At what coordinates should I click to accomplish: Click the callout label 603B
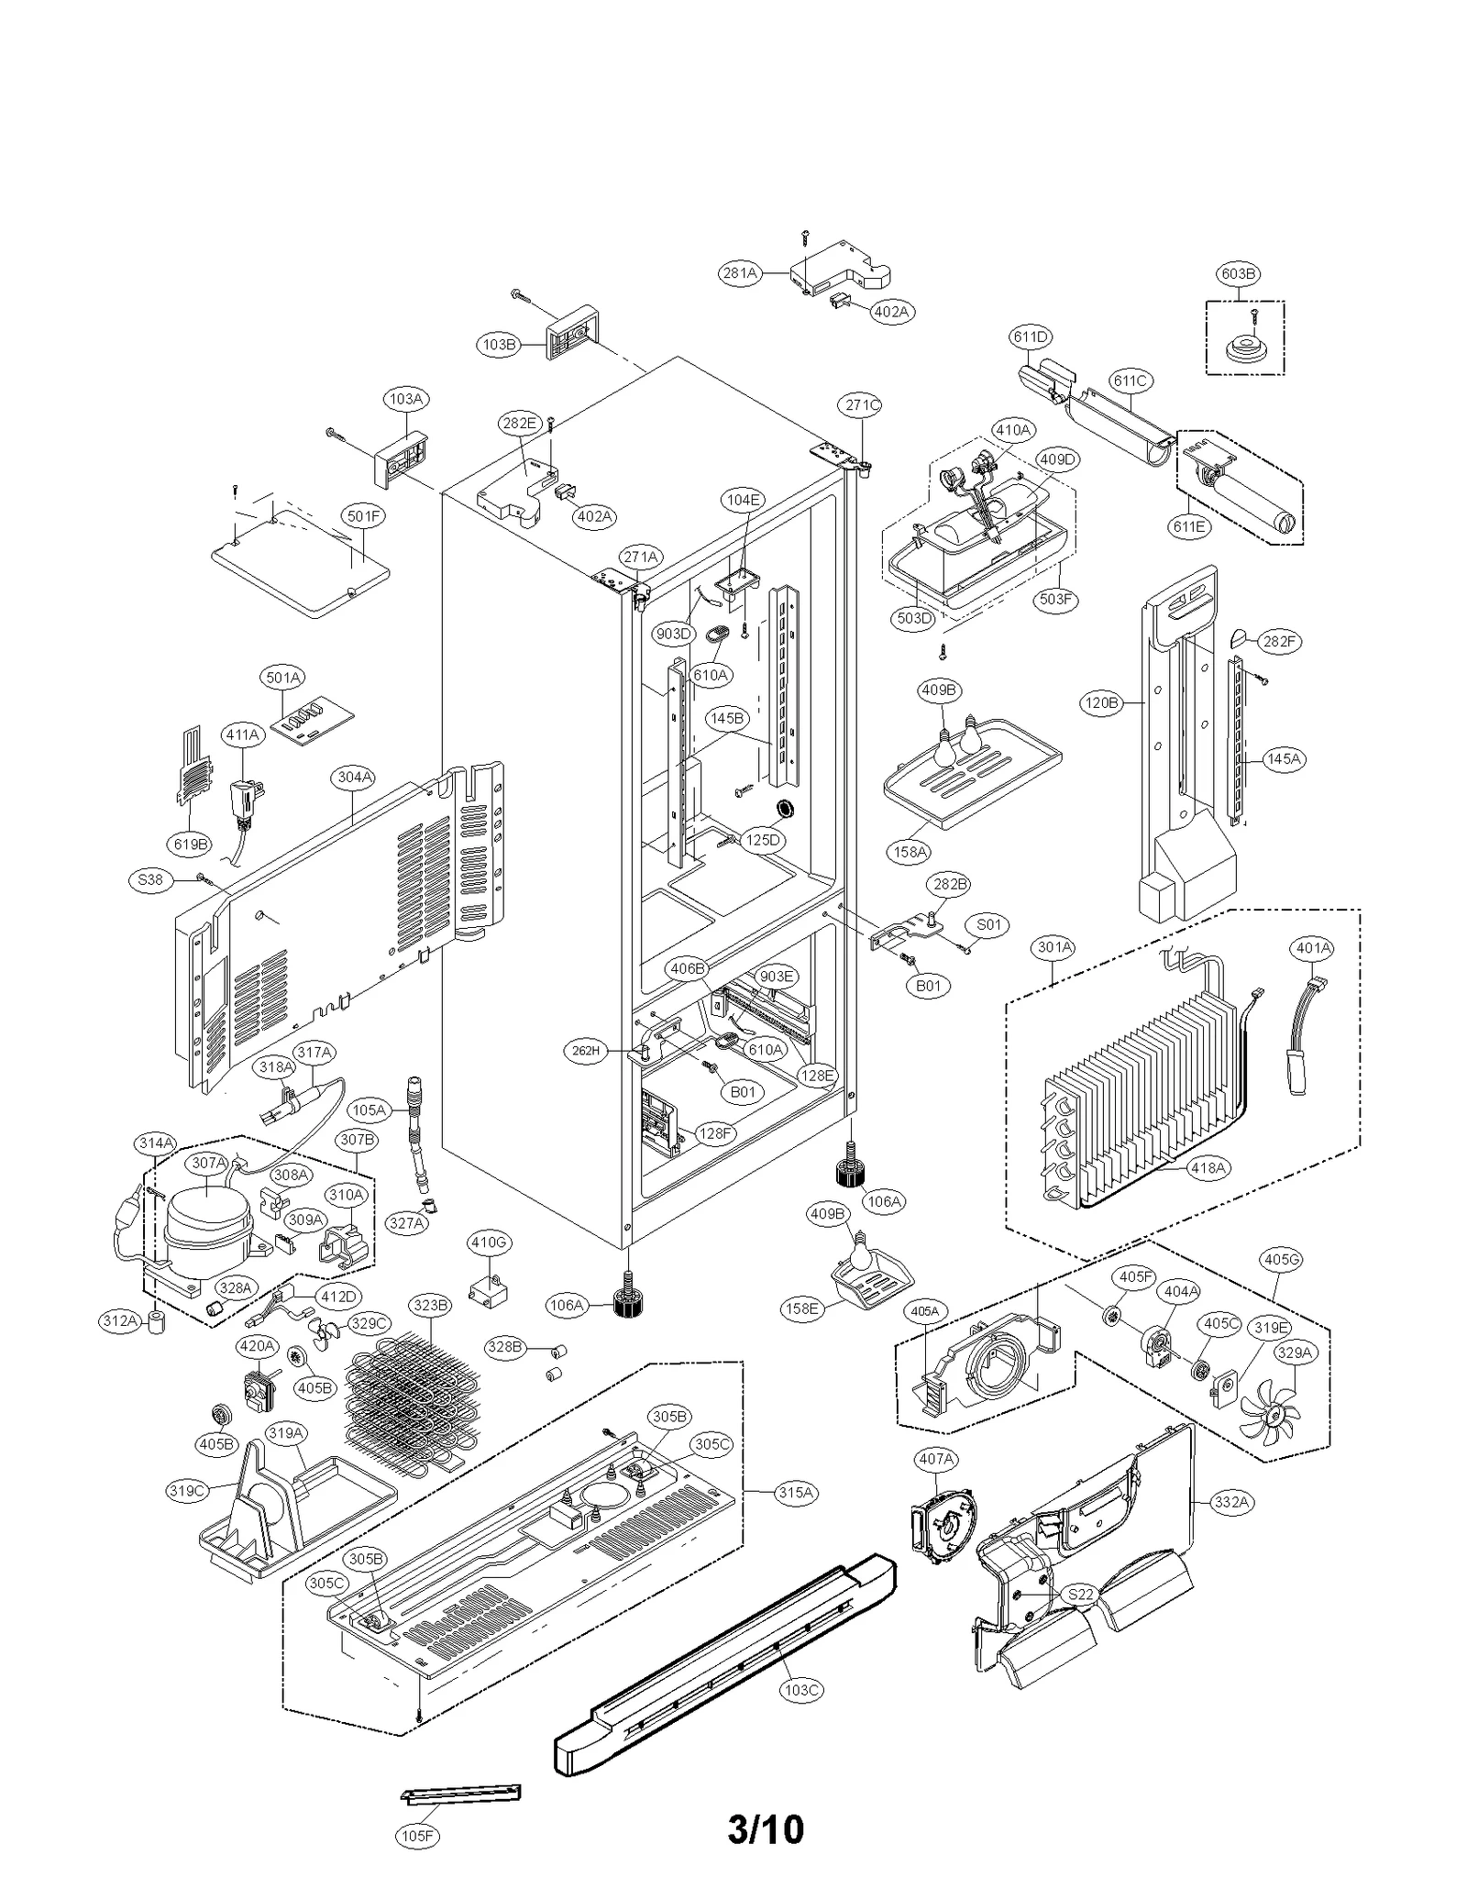1237,273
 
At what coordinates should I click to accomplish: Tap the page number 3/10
766,1828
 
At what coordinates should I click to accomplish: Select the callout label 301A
1053,946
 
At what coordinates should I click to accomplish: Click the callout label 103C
800,1689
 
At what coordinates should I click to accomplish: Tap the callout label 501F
364,516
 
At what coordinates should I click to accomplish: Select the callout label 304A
354,778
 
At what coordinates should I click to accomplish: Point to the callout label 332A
1230,1502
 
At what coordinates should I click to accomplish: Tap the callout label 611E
1188,526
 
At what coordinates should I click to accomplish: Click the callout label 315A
795,1492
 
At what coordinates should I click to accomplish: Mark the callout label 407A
936,1458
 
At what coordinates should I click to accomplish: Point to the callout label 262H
585,1051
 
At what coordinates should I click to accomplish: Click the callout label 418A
1208,1167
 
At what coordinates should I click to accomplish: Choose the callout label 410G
489,1242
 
